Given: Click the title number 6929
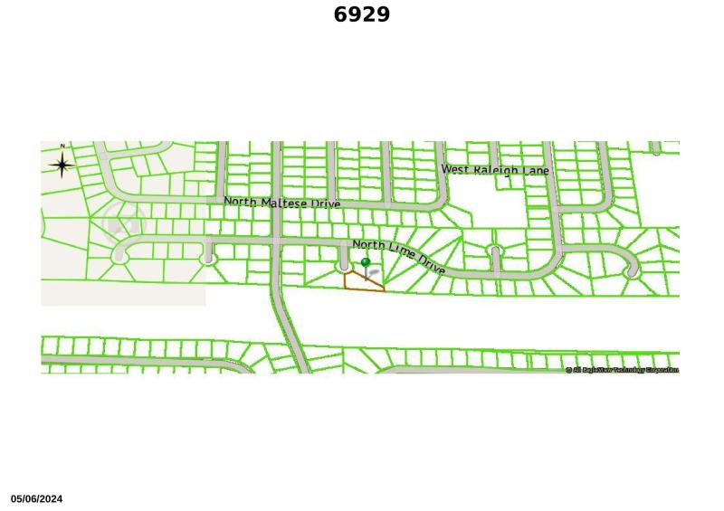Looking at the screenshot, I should coord(362,14).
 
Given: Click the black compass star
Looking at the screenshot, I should coord(62,165).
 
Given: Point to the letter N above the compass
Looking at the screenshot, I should coord(62,147).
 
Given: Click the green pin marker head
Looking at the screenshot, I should coord(366,263).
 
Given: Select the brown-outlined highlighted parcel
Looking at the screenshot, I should coord(362,282).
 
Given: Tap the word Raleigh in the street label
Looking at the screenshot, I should coord(495,170).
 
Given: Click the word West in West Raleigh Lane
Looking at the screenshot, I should coord(455,169).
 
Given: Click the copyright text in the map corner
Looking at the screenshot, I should coord(622,370).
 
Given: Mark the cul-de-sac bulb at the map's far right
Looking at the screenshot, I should coord(632,270).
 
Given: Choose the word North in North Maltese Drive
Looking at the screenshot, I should coord(241,201).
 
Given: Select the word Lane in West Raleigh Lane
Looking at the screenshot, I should coord(536,171).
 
